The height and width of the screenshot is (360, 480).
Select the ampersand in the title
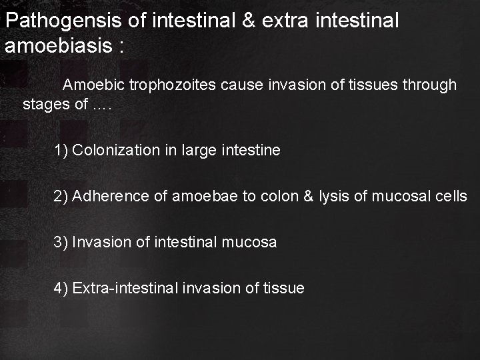[249, 21]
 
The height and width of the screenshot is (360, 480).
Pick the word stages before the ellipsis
[43, 105]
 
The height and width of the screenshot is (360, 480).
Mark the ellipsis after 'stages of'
[102, 107]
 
